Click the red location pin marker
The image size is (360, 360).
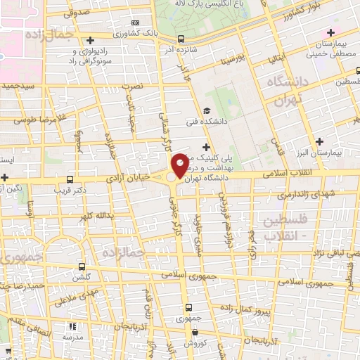180,165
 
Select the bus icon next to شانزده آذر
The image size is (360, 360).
181,39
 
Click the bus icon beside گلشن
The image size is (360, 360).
83,266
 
